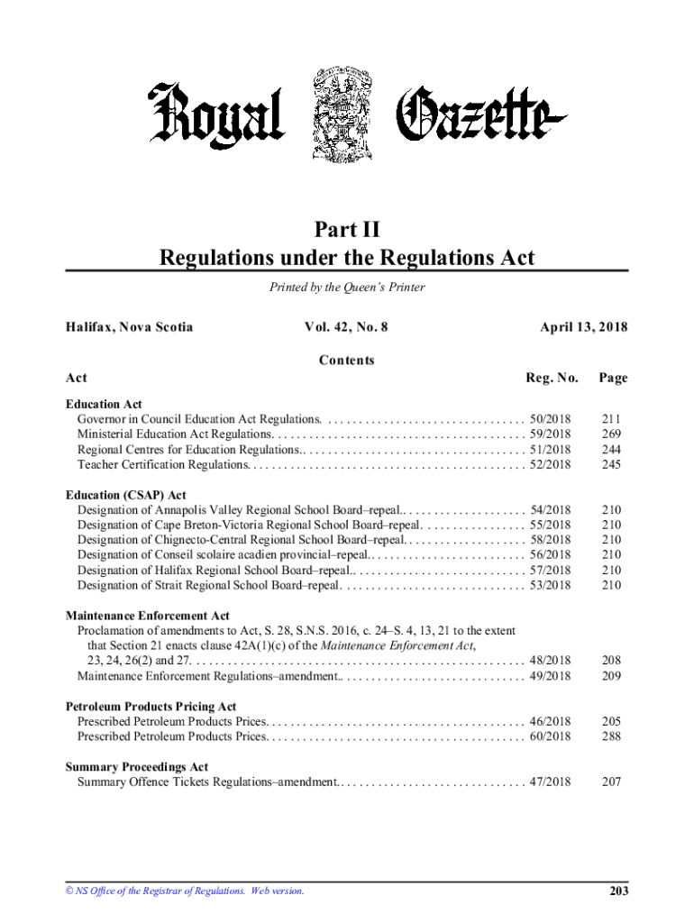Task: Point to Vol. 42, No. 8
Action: [x=347, y=327]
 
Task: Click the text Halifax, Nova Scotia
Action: [x=130, y=327]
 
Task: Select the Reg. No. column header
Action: [x=552, y=379]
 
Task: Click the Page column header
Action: [x=613, y=379]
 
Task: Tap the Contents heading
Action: [x=347, y=361]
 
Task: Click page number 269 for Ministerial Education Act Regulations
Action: [x=612, y=434]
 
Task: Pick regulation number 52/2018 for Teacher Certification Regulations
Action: [x=551, y=465]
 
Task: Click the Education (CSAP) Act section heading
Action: [x=126, y=495]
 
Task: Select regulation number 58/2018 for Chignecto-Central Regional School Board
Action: [x=551, y=540]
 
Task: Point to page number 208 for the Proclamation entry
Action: [x=612, y=661]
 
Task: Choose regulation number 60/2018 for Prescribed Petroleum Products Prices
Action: [x=551, y=737]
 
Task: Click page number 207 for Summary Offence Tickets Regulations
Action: [x=612, y=782]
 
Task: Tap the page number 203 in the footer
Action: [x=618, y=891]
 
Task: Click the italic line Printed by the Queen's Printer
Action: [x=347, y=288]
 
